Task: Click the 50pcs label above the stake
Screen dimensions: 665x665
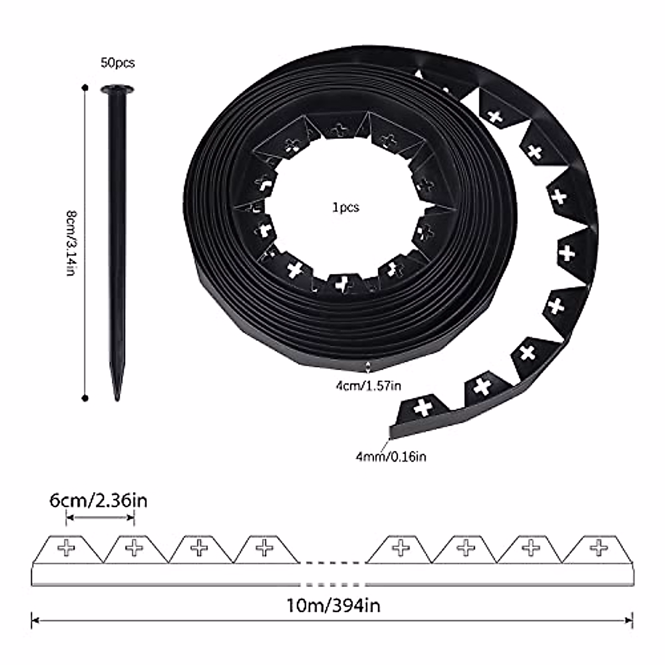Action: (117, 63)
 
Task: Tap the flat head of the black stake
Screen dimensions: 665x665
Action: (117, 90)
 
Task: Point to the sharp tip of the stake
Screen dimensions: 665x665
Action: (117, 400)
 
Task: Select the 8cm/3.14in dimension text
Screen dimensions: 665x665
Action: (71, 244)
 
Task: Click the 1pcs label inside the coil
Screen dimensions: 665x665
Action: (345, 207)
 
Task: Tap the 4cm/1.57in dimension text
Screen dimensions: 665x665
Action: (369, 386)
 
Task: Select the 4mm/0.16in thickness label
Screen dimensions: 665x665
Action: (391, 457)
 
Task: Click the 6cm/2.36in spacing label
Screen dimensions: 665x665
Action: (98, 501)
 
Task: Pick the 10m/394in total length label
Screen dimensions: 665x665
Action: (334, 606)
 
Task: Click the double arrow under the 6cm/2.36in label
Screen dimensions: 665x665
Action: (100, 517)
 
